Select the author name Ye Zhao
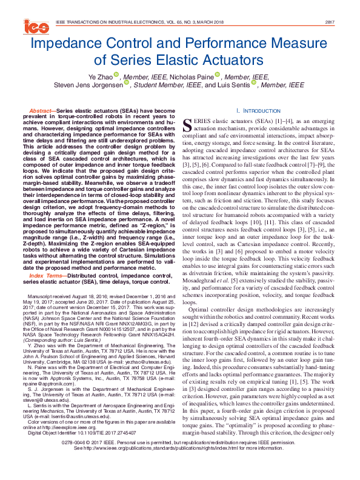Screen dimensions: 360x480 (x=99, y=77)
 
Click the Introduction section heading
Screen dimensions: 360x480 (x=255, y=112)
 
